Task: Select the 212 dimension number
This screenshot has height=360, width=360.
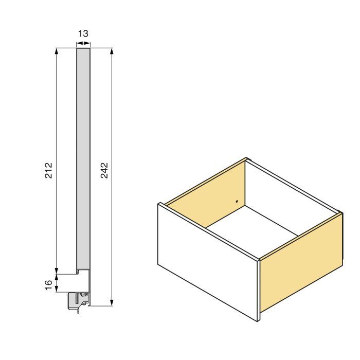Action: [48, 171]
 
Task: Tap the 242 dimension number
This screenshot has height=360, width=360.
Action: [104, 171]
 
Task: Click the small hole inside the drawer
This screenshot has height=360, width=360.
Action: [237, 201]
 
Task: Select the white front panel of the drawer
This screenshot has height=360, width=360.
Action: [206, 260]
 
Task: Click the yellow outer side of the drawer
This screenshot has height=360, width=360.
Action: [301, 262]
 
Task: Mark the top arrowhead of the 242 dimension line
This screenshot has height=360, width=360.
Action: [112, 50]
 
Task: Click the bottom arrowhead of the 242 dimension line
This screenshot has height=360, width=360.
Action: [112, 303]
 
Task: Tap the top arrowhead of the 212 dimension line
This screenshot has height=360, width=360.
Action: [56, 50]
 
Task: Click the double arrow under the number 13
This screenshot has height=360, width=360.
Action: [83, 44]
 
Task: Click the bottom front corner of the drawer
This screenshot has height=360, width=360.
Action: [259, 320]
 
